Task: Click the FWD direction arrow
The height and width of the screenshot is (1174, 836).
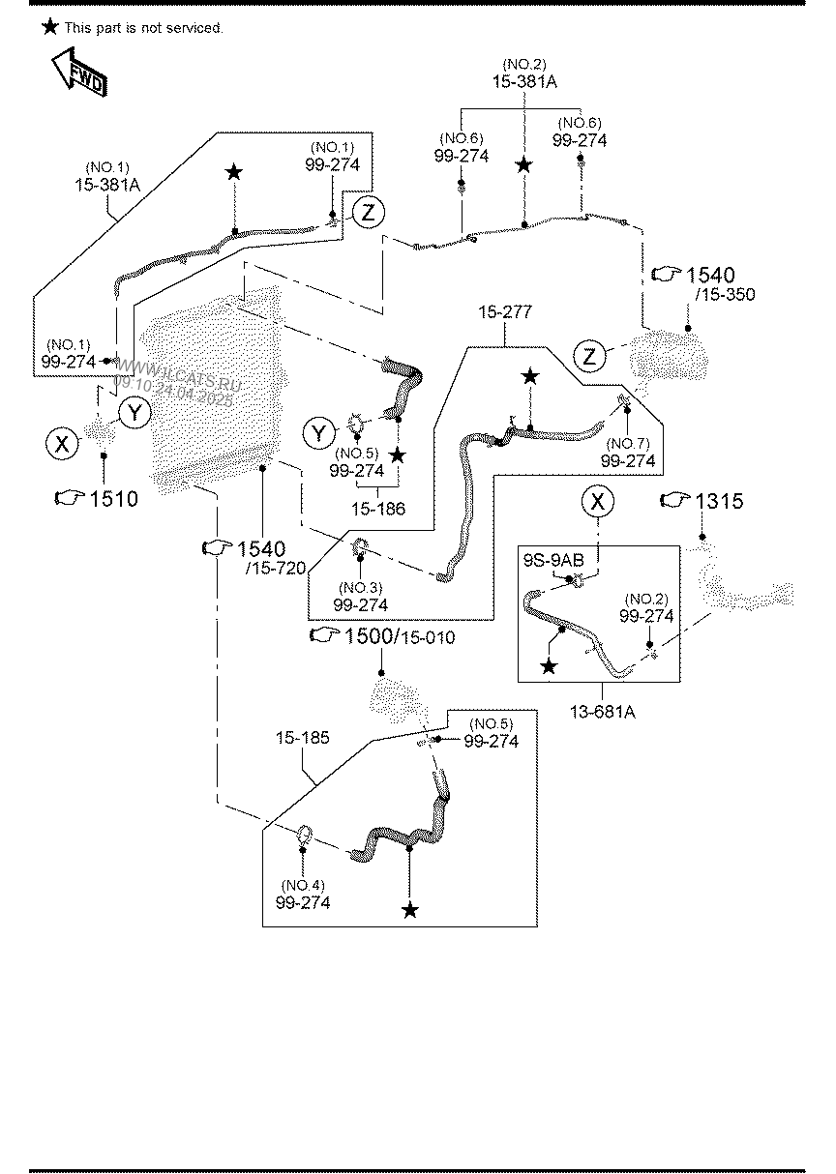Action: click(79, 73)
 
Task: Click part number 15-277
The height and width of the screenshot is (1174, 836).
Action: click(504, 312)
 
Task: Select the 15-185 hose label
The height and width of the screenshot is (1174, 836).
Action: click(302, 738)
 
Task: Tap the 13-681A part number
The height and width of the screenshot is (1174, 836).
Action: click(602, 713)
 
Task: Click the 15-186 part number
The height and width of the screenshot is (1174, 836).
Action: click(379, 509)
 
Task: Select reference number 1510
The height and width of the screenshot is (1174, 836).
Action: click(112, 499)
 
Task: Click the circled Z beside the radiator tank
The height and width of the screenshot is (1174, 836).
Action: click(589, 357)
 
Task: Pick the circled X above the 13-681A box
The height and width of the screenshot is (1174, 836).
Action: click(597, 501)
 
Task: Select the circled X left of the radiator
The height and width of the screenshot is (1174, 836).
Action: click(62, 444)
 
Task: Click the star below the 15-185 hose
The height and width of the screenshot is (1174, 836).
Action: click(411, 910)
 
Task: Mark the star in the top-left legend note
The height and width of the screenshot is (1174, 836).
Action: click(50, 27)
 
